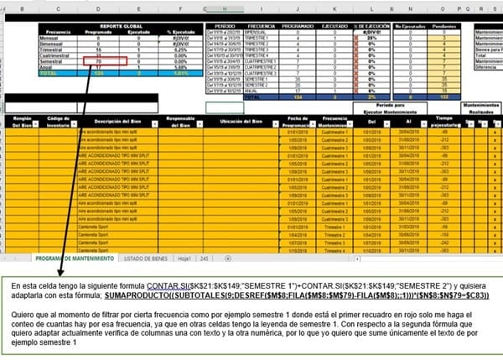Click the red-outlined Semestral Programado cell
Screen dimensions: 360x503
(105, 61)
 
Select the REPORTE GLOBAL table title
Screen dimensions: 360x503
(120, 26)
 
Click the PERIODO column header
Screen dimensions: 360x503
(226, 26)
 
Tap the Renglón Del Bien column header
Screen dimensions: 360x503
(22, 123)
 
